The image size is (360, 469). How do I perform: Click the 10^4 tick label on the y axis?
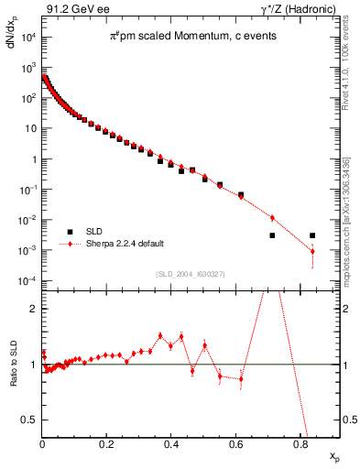pyautogui.click(x=27, y=38)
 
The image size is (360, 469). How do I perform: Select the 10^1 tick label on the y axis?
pyautogui.click(x=27, y=129)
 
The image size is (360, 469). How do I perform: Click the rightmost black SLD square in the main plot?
pyautogui.click(x=312, y=235)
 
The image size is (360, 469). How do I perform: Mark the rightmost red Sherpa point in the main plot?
pyautogui.click(x=312, y=251)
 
